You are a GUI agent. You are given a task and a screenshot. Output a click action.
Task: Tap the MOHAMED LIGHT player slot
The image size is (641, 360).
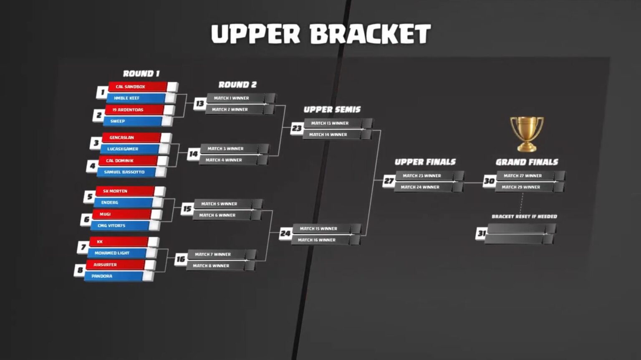coord(117,253)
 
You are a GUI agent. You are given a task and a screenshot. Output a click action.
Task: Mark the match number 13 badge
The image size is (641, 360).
coord(200,104)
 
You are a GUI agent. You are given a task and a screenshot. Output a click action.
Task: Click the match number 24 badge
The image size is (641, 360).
coord(285,234)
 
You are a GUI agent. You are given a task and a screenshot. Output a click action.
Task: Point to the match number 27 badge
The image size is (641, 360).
coord(389,181)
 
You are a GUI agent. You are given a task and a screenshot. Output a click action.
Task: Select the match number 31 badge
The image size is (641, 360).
coord(481,233)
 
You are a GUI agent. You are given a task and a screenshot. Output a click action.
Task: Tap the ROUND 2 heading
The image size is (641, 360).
coord(237,85)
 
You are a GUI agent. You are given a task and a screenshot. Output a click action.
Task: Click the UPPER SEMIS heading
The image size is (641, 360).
coord(332,110)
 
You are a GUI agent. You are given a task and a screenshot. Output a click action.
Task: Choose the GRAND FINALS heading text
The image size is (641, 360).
coord(527,162)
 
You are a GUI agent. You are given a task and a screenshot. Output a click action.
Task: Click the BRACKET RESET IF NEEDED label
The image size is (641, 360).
coord(524,216)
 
